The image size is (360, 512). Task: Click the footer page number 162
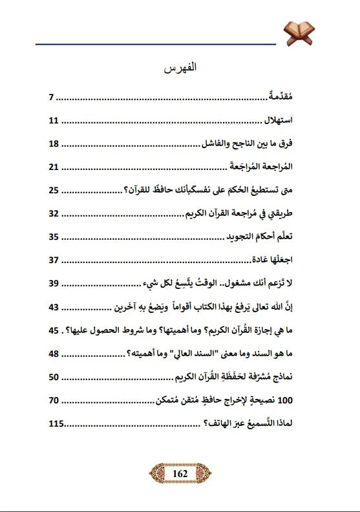pos(180,473)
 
